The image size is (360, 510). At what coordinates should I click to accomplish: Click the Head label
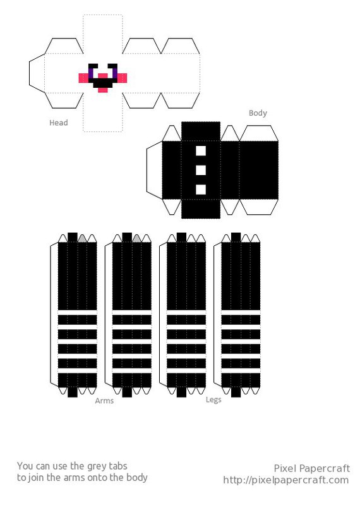[59, 123]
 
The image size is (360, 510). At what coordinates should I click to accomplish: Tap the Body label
[258, 113]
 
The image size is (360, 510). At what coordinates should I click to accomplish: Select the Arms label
[104, 401]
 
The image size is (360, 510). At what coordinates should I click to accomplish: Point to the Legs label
[213, 400]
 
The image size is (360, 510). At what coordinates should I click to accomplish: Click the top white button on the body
[201, 151]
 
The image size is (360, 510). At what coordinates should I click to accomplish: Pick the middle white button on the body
[201, 170]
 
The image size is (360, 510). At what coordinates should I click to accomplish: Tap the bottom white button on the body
[201, 190]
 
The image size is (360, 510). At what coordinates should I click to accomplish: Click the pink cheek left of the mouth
[83, 78]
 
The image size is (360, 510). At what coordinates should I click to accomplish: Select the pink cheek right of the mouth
[122, 78]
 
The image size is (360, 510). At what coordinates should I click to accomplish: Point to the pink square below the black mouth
[103, 90]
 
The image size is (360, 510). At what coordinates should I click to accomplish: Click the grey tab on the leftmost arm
[82, 238]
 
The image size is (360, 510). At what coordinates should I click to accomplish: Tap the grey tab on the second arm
[137, 238]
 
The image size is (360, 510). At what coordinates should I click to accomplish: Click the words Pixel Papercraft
[312, 468]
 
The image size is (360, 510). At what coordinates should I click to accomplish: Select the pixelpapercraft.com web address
[286, 480]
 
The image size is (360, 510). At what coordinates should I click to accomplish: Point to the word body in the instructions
[137, 478]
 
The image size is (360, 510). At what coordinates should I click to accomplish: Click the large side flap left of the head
[37, 73]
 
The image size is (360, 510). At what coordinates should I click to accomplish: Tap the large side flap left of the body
[154, 170]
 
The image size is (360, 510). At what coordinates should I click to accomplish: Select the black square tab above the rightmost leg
[236, 238]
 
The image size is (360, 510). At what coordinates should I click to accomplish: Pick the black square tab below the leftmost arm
[73, 392]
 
